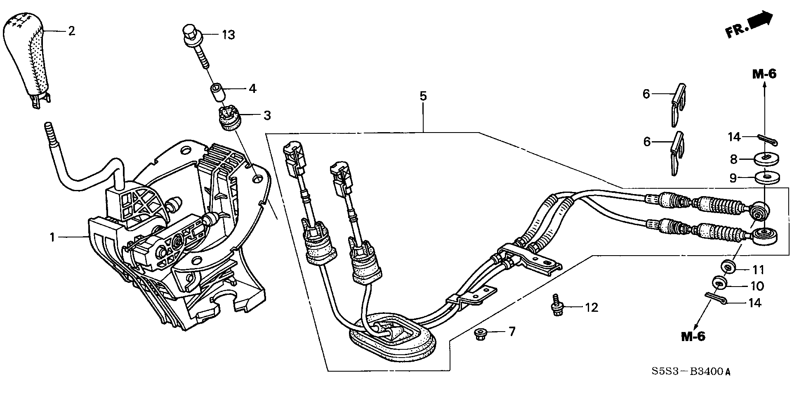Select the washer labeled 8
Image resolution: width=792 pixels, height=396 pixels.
coord(765,158)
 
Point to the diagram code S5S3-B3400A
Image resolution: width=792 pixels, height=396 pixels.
coord(691,371)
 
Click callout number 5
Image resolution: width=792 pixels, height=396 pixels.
coord(423,97)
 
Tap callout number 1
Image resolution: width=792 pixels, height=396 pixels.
coord(52,237)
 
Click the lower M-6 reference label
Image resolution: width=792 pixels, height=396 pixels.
coord(693,337)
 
